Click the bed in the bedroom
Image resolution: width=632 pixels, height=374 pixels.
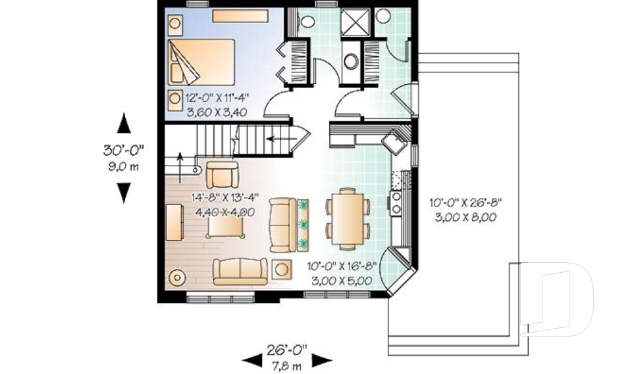coord(201,62)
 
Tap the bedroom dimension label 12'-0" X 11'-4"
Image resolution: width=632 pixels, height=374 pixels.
coord(217,97)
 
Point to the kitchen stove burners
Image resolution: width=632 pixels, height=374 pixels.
coord(396,202)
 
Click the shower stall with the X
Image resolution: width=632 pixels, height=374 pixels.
coord(355,22)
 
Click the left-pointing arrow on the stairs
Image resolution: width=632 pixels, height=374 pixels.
coord(281,139)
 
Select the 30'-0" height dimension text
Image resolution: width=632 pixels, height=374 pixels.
coord(123,151)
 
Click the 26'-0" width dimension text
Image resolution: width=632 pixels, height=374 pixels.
coord(286,350)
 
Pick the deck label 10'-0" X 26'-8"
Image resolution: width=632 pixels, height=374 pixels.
coord(466,202)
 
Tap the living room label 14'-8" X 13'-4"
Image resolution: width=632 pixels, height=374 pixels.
coord(225,198)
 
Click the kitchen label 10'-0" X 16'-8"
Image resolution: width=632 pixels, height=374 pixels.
coord(342,266)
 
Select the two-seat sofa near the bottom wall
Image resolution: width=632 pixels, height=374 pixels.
coord(240,271)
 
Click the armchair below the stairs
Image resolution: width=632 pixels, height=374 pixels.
coord(222,174)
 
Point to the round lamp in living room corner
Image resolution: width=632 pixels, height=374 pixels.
coord(177,277)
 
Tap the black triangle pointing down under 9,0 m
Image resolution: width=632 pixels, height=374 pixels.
coord(124,193)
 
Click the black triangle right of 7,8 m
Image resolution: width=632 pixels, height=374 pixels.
coord(322,361)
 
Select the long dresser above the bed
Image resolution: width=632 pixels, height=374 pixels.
coord(240,16)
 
